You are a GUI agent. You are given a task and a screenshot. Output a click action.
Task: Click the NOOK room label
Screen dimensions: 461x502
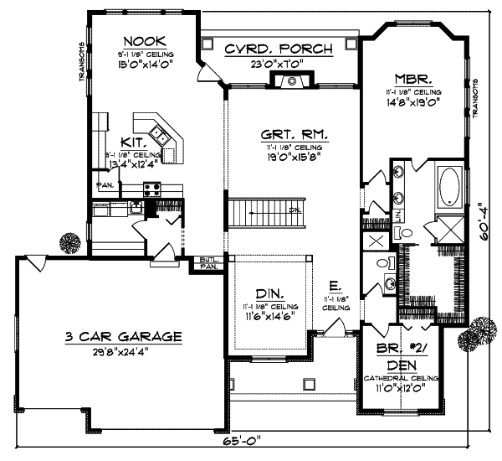pos(144,41)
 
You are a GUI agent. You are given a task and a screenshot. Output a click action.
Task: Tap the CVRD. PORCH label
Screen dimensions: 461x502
pos(279,49)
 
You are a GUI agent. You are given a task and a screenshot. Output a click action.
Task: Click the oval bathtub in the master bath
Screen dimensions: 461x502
pos(450,186)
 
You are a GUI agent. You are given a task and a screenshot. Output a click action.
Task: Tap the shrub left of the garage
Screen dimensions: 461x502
pos(70,242)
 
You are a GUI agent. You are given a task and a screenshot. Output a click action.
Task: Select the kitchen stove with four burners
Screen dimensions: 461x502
pos(151,188)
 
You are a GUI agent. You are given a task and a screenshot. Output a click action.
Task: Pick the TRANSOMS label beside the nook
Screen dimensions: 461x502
pos(82,62)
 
